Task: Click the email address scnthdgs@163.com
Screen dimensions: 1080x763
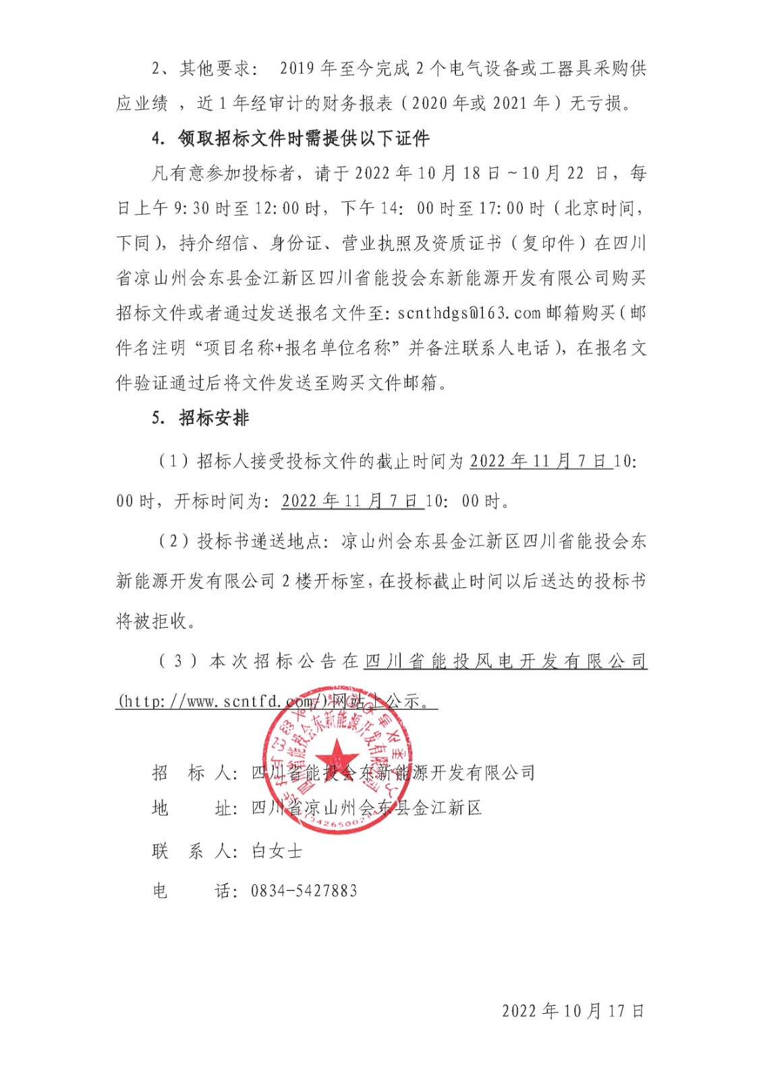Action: [x=470, y=313]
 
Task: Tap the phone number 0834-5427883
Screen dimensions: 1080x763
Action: [x=304, y=891]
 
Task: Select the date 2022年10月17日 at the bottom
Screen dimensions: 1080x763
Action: [x=573, y=1010]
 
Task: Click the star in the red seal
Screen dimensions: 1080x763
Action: [x=335, y=757]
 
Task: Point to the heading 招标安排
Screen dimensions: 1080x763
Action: [x=214, y=418]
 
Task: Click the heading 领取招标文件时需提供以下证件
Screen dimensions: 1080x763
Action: [x=304, y=138]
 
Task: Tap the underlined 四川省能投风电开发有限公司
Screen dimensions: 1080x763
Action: [x=505, y=661]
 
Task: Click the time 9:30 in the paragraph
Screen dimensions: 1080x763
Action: [x=192, y=209]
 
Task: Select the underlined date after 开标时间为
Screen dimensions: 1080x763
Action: [x=352, y=501]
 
